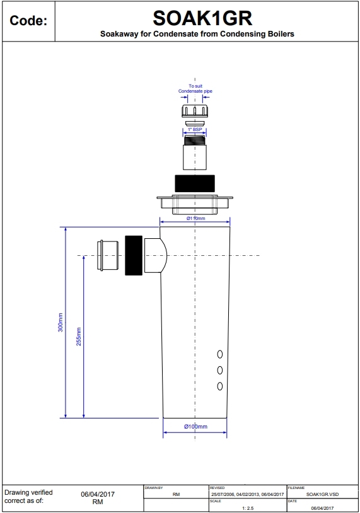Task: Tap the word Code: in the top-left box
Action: (x=28, y=21)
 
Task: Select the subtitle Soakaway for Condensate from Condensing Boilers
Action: (x=197, y=34)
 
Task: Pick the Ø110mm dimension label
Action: (x=195, y=218)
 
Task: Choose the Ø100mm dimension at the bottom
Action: (x=195, y=427)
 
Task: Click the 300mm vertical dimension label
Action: (x=61, y=323)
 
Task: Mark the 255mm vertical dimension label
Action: (x=79, y=337)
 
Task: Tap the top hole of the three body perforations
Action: (x=220, y=354)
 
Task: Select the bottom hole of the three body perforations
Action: (x=220, y=386)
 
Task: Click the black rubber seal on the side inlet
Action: (x=134, y=255)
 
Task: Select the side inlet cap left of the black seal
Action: (x=109, y=255)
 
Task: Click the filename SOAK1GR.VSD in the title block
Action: (x=322, y=495)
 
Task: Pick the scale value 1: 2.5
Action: (x=247, y=507)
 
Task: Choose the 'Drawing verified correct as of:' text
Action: (x=29, y=497)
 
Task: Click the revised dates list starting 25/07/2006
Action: (x=247, y=495)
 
